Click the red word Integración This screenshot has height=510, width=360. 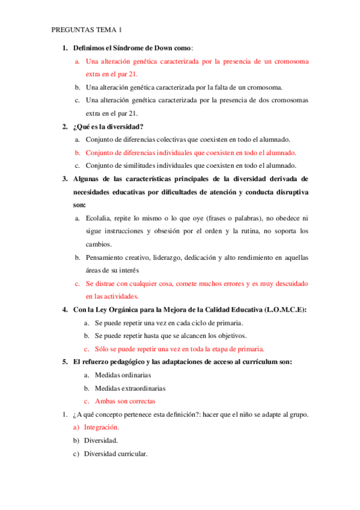pos(102,428)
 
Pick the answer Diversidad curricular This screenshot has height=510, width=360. pos(115,453)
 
